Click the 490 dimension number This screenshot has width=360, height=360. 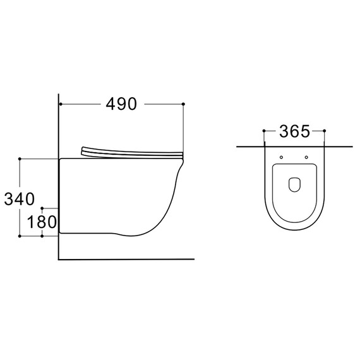121,104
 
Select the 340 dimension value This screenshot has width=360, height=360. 20,199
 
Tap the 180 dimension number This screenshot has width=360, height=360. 42,222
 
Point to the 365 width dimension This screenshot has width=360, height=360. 294,131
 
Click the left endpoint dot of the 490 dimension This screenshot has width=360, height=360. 61,104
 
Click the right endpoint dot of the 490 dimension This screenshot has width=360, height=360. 183,104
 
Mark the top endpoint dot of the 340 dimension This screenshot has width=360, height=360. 20,159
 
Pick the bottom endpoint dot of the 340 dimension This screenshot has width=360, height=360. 20,236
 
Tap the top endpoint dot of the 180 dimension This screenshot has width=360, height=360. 42,208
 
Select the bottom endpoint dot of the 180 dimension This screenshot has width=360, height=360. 42,236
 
